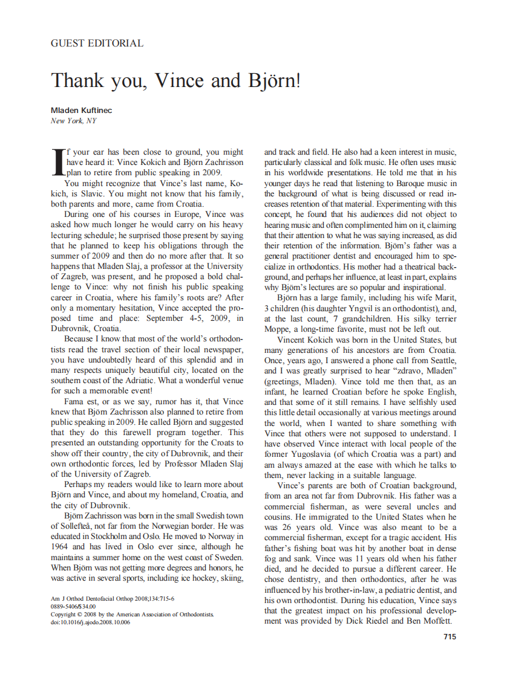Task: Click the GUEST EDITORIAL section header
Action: pos(97,44)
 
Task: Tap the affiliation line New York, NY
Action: pos(73,121)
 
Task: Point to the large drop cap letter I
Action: pos(57,161)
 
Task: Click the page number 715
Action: pos(450,636)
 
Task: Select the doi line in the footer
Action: pos(90,622)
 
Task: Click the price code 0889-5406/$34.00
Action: pos(73,606)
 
